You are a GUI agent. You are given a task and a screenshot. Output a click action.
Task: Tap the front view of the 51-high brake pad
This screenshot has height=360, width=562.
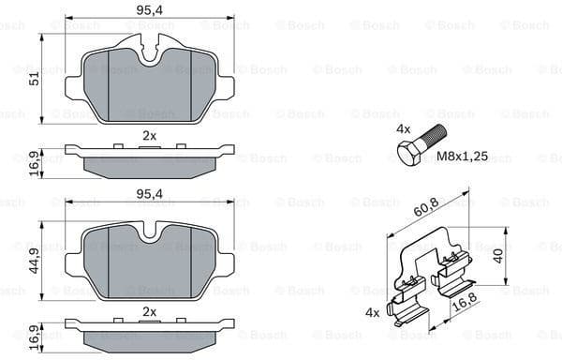tap(150, 84)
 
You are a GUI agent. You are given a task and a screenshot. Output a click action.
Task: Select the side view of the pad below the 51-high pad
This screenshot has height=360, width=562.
tap(150, 157)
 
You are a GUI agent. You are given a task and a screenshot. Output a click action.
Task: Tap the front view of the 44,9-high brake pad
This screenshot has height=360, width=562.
tap(150, 262)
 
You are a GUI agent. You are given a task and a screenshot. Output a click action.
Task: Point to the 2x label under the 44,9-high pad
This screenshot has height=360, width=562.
tap(149, 310)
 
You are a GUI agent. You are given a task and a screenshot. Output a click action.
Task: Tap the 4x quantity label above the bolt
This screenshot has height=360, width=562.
tap(404, 127)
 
